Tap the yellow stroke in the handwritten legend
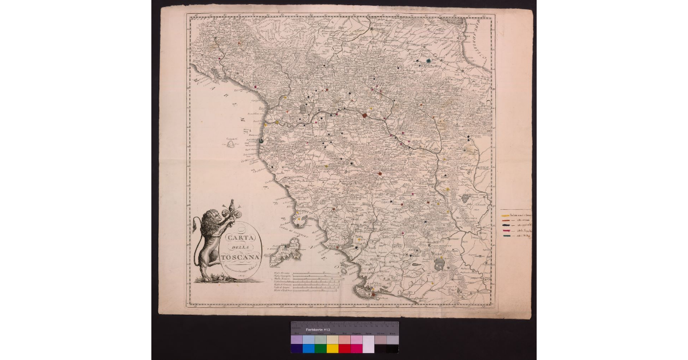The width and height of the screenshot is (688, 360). tap(506, 216)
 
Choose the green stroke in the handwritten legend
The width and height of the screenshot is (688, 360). tap(506, 236)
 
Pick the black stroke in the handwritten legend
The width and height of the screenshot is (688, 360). tap(506, 225)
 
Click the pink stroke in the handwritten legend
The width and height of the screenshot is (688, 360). tap(506, 230)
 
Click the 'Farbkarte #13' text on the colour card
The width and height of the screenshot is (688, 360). tap(318, 330)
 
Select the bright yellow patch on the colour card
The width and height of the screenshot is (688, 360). tap(333, 348)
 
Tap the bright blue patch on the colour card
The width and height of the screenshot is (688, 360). tap(308, 348)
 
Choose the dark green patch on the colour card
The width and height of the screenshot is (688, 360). tap(320, 348)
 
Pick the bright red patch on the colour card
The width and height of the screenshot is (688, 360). tap(345, 348)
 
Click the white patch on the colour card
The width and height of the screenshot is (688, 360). tap(369, 348)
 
